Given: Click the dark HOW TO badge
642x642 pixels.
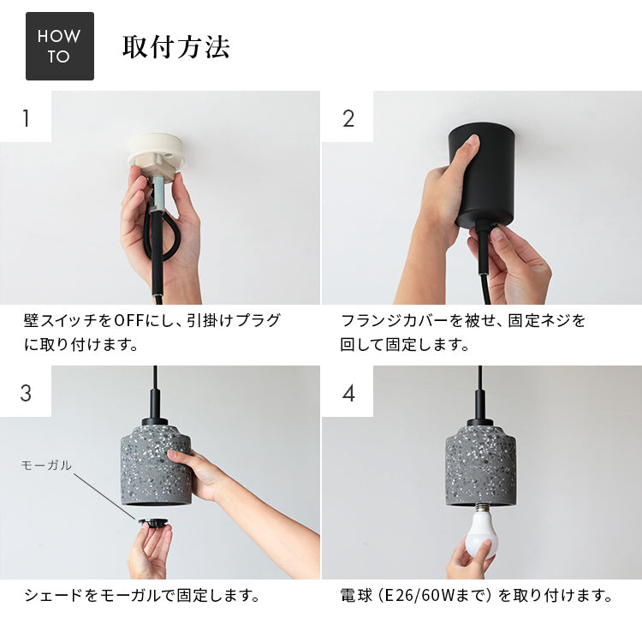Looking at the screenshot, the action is coord(60,46).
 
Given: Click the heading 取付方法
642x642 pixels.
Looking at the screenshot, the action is coord(176,47).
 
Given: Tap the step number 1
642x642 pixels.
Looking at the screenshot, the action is coord(26,118).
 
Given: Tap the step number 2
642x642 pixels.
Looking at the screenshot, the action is coord(348,118).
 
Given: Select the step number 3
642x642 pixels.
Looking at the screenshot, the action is coord(26,393).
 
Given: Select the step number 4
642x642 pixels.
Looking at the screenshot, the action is coord(348,393).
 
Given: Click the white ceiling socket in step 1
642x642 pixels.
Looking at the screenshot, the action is coord(156,155).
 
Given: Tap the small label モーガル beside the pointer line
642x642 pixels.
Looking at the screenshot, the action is coord(46,465).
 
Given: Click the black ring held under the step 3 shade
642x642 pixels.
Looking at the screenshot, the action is coord(152,522).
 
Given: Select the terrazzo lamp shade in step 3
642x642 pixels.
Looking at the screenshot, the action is coord(156,464).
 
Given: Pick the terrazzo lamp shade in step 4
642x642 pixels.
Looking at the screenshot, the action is coord(481,464).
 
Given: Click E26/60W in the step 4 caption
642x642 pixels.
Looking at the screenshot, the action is coord(424,595).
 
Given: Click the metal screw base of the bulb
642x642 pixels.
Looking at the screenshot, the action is coord(481,508).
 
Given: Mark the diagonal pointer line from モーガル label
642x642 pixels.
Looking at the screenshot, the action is coord(104,497).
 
